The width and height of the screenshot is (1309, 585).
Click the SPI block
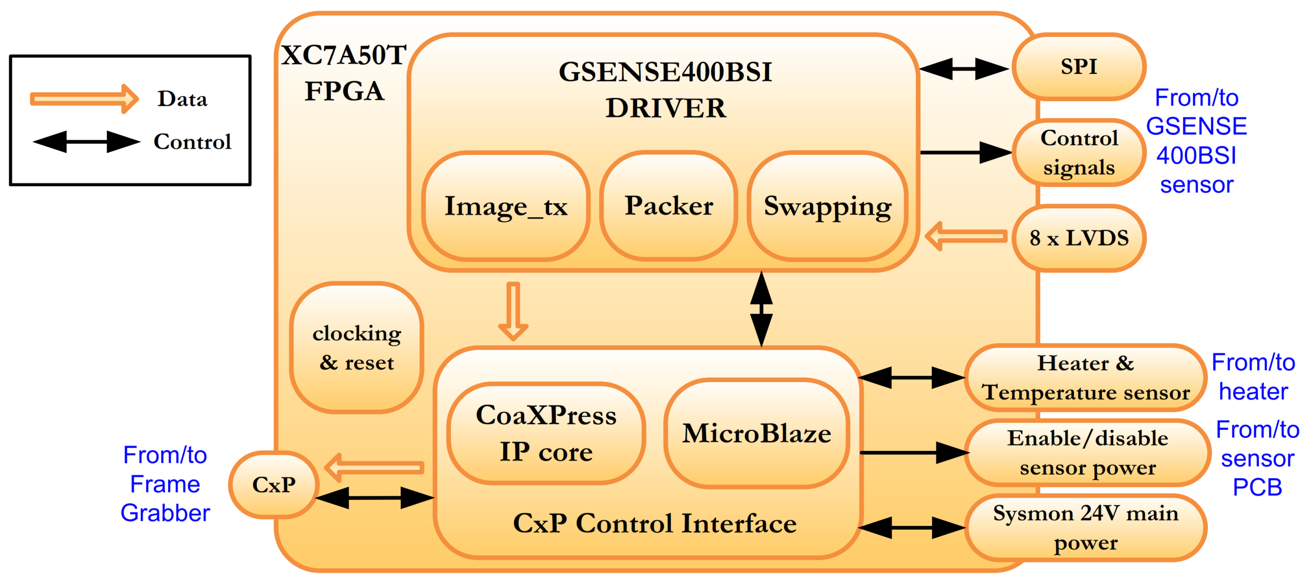1078,67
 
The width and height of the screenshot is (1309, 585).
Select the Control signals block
1078,152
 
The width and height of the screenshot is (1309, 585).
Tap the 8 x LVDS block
1078,238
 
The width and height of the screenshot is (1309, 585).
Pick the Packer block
668,206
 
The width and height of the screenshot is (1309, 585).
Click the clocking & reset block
356,347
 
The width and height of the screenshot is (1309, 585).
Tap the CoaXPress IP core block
546,433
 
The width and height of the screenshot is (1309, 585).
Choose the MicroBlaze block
756,433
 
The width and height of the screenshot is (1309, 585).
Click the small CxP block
274,484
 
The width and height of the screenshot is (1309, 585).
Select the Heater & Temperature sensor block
1085,378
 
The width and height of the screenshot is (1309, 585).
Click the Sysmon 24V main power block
1085,528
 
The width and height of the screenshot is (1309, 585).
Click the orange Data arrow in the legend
84,98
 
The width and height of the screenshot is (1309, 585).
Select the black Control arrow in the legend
86,142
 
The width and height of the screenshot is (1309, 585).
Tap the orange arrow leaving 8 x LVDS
966,236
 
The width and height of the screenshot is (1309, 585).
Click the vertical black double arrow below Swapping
761,309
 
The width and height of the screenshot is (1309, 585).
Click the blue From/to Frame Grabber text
165,484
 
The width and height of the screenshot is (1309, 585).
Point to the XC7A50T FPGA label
344,73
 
